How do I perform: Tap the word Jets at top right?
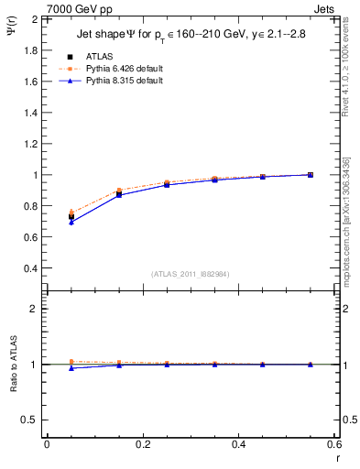click(x=326, y=9)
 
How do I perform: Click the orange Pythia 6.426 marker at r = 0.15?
click(x=119, y=191)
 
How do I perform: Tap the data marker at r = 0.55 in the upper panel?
click(x=310, y=174)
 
